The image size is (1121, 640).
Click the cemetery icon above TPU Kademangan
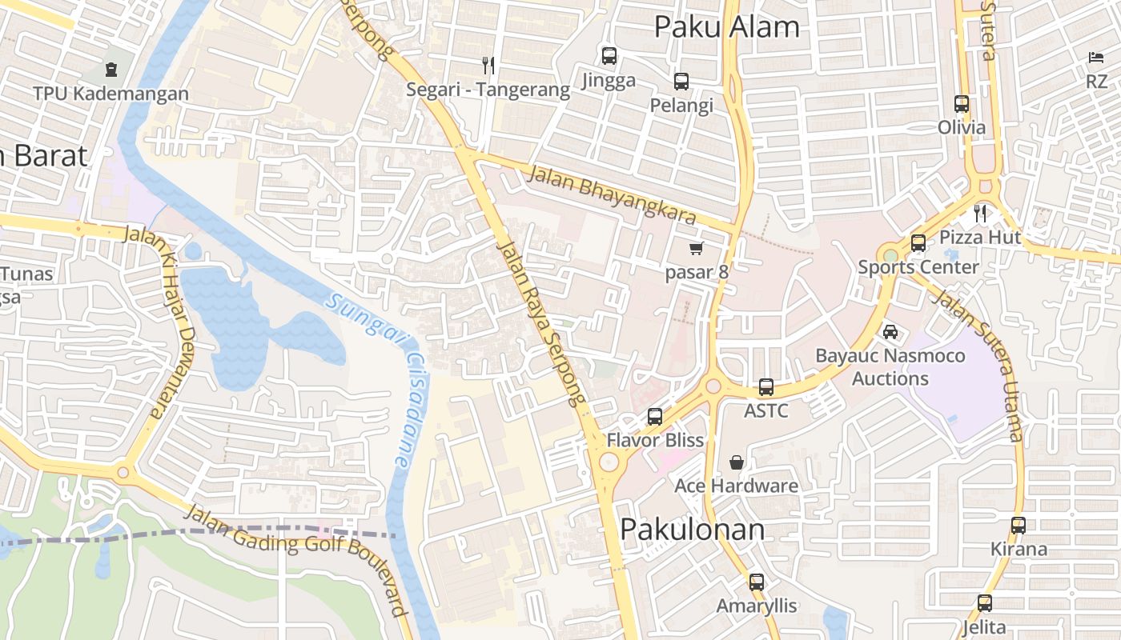click(110, 70)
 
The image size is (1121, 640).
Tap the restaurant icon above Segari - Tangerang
click(488, 65)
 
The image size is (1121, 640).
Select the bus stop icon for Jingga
click(609, 56)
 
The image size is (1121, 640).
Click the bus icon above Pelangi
click(681, 82)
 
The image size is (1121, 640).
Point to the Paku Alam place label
click(726, 26)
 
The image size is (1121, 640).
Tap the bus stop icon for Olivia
click(962, 104)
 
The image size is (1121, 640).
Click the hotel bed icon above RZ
click(1096, 58)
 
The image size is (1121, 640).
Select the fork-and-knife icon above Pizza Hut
click(979, 214)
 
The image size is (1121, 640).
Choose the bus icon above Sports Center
click(918, 243)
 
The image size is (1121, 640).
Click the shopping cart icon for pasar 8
click(697, 249)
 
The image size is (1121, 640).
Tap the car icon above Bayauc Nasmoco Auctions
click(890, 331)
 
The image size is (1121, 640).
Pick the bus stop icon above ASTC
click(766, 387)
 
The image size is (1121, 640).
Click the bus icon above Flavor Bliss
click(655, 417)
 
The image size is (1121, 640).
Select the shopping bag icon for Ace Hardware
click(736, 462)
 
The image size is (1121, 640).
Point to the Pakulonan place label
click(693, 529)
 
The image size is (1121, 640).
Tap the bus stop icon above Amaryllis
click(757, 582)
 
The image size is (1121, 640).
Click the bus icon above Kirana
click(1019, 526)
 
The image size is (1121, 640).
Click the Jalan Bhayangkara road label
click(612, 195)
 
